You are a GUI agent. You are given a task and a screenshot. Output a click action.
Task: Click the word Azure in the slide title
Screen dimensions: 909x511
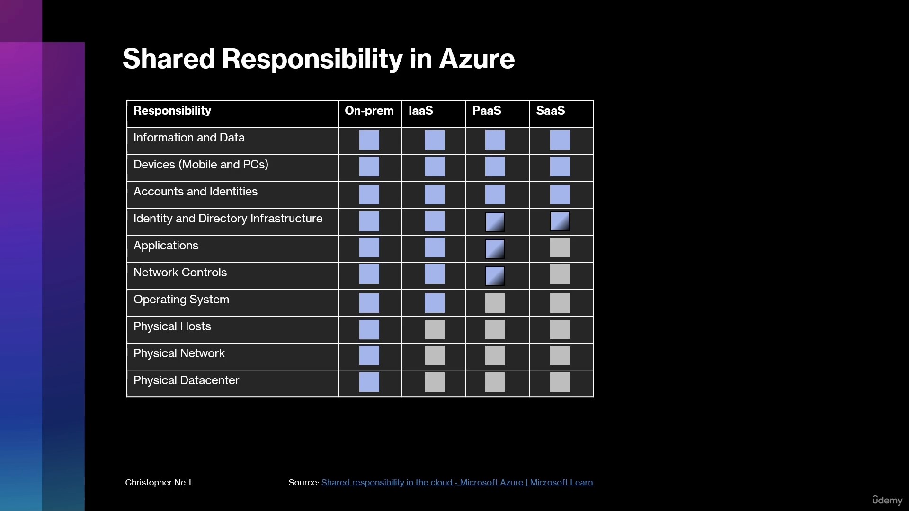point(477,59)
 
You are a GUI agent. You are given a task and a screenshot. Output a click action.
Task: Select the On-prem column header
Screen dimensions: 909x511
point(369,111)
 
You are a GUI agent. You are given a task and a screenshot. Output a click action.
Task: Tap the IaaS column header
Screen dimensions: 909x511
point(421,111)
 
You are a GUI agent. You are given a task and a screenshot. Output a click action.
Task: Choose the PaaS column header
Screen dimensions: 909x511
point(487,111)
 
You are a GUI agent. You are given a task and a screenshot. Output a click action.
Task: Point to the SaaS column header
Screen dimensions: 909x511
point(551,111)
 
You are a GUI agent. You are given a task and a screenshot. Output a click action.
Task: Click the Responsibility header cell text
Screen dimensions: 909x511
point(172,111)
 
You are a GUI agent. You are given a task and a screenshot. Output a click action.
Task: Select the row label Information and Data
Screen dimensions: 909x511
point(189,138)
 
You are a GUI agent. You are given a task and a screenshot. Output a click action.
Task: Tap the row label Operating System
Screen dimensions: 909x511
point(181,300)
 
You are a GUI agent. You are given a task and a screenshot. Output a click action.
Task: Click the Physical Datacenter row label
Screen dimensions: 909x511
point(186,380)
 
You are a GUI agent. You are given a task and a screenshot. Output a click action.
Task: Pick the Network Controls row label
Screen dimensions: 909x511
point(180,273)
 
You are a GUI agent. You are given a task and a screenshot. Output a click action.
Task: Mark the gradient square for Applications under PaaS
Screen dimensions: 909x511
point(495,249)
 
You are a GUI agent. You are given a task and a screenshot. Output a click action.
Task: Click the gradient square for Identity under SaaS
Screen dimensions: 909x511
point(560,221)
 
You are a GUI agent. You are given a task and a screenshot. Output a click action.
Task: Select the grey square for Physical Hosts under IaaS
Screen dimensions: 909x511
point(435,329)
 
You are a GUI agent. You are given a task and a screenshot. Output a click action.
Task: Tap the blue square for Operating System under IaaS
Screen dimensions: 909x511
point(435,303)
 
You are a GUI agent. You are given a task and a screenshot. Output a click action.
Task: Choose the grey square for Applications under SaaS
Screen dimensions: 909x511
point(560,247)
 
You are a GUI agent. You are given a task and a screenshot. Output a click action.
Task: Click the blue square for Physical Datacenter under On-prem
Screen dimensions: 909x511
point(369,382)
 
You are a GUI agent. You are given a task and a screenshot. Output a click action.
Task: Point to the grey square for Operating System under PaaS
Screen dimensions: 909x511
point(495,303)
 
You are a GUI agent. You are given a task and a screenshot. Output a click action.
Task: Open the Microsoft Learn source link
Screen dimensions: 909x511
point(457,483)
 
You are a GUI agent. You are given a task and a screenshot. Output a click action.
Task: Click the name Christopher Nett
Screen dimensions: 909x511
point(158,483)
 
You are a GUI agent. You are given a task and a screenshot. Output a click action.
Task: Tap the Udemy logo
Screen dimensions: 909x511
point(888,500)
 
